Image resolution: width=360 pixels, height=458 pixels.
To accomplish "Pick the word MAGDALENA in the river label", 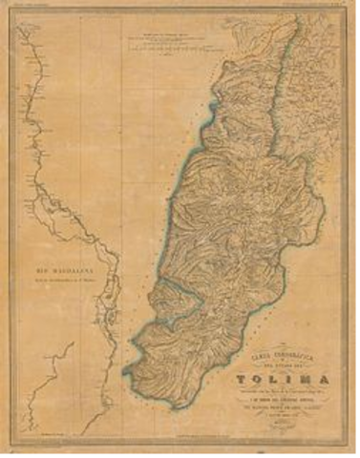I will [x=73, y=271].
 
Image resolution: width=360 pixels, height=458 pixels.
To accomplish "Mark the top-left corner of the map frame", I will [x=11, y=12].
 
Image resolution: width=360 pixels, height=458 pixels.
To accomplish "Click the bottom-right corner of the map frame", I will [x=349, y=447].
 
